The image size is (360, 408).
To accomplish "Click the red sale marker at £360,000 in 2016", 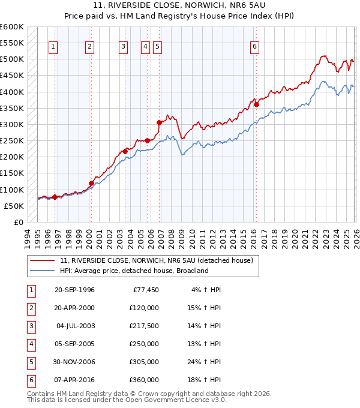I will point(256,104).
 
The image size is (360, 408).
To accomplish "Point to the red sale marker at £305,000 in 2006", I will point(160,122).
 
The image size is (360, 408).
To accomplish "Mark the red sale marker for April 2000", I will point(91,183).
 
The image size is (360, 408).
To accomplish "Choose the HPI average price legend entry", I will point(133,271).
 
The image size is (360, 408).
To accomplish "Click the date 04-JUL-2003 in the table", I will point(75,326).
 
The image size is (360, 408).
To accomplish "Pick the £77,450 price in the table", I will point(144,290).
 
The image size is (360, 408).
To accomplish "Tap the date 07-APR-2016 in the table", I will point(75,380).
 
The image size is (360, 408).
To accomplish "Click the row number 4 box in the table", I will point(29,344).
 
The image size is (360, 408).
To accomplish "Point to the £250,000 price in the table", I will point(144,344).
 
